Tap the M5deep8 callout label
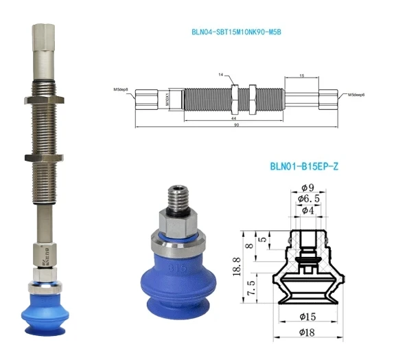tap(123, 89)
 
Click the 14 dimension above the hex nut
tap(222, 73)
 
